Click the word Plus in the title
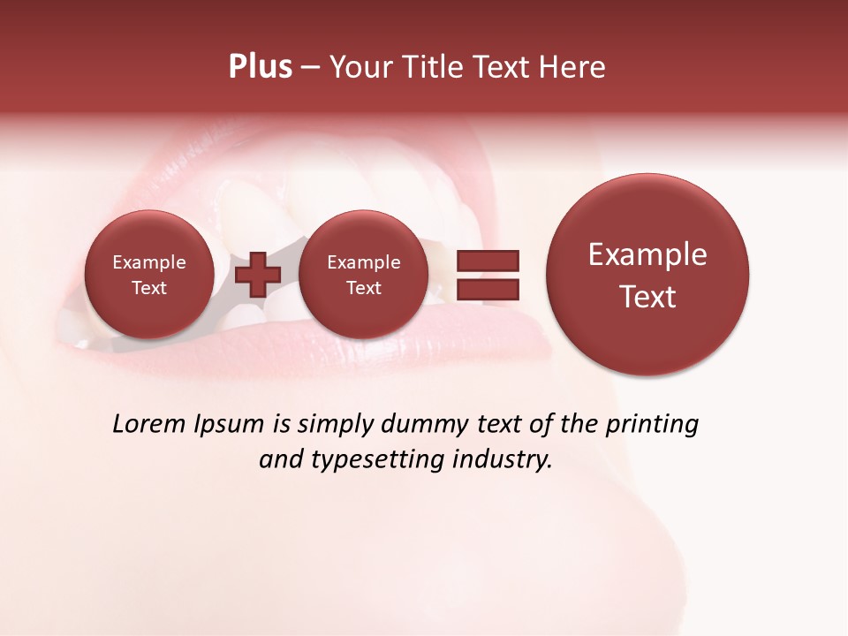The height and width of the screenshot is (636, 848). [x=260, y=67]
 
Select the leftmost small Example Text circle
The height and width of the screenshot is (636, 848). [x=148, y=275]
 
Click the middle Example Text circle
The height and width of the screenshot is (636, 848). [x=363, y=275]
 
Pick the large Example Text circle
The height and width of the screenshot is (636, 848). [x=647, y=275]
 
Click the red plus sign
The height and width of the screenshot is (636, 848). [x=258, y=274]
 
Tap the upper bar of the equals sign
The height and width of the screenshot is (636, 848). [x=487, y=261]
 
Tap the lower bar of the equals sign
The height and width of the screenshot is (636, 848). [x=487, y=288]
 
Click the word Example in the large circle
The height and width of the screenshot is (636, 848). [x=647, y=254]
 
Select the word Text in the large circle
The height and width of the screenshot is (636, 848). [x=647, y=297]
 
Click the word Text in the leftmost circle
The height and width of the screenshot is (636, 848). [x=148, y=288]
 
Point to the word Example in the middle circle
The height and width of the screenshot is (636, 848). [x=363, y=262]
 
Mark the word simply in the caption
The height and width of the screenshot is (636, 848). [x=335, y=425]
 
